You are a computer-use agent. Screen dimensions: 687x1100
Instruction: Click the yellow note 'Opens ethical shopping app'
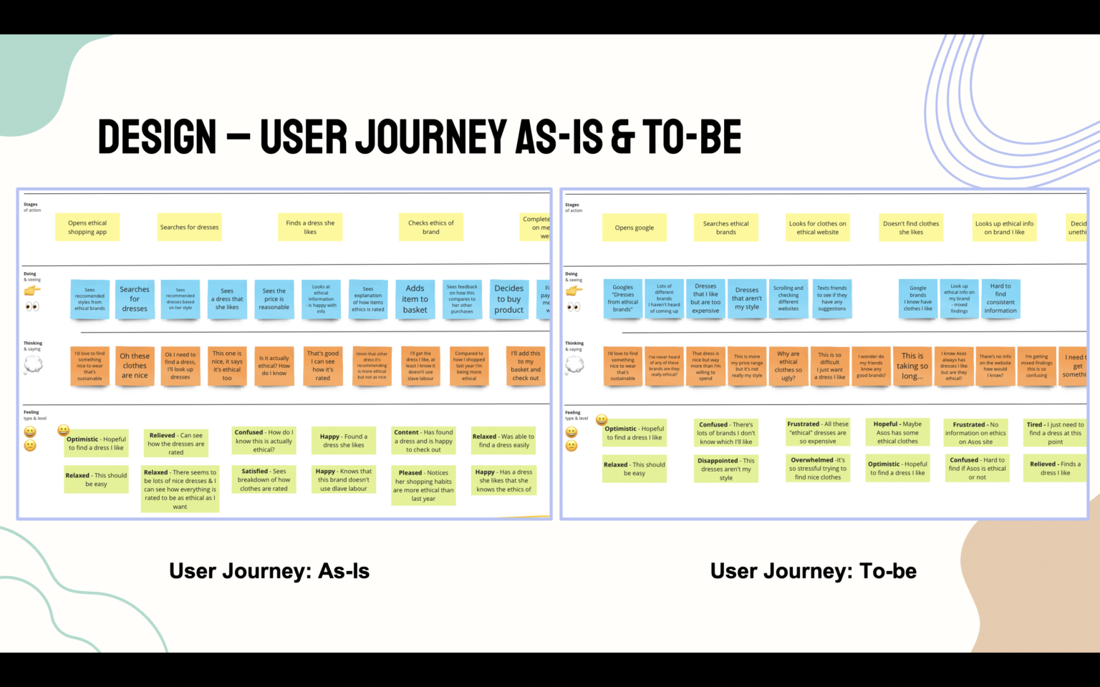click(x=87, y=227)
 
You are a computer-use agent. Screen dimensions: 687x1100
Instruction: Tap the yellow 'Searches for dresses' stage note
click(x=189, y=227)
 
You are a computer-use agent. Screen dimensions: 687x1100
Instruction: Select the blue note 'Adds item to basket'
click(x=415, y=299)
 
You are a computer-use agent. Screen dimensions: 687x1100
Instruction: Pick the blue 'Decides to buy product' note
click(x=508, y=299)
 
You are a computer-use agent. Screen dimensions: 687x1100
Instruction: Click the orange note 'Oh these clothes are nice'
click(x=135, y=366)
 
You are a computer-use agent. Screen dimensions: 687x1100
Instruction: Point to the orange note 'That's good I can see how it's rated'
click(x=322, y=366)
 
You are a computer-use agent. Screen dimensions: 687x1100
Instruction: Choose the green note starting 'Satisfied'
click(x=264, y=480)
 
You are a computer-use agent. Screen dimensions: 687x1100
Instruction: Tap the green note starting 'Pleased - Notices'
click(x=423, y=485)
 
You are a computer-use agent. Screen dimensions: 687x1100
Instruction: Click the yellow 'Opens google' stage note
click(x=634, y=228)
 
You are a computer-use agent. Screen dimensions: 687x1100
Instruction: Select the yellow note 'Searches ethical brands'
click(x=725, y=228)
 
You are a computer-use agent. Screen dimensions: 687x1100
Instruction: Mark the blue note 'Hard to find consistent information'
click(x=1000, y=298)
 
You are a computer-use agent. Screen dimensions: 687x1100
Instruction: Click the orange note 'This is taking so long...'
click(x=912, y=366)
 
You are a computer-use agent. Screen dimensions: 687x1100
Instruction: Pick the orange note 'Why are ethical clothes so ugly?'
click(x=788, y=366)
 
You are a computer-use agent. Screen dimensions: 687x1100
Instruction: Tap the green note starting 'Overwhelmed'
click(x=818, y=469)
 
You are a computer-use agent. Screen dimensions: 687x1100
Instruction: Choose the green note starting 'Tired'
click(x=1055, y=433)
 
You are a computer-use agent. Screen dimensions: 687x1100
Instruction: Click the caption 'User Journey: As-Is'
click(x=269, y=571)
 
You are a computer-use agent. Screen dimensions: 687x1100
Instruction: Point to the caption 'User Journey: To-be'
click(x=813, y=571)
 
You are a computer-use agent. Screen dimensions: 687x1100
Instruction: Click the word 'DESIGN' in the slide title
click(x=157, y=137)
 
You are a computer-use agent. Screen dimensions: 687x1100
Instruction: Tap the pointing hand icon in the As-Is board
click(x=32, y=291)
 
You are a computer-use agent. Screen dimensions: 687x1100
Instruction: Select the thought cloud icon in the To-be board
click(x=574, y=365)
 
